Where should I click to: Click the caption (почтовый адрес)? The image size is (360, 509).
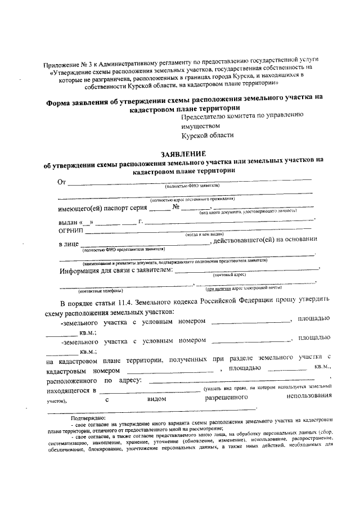(229, 275)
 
